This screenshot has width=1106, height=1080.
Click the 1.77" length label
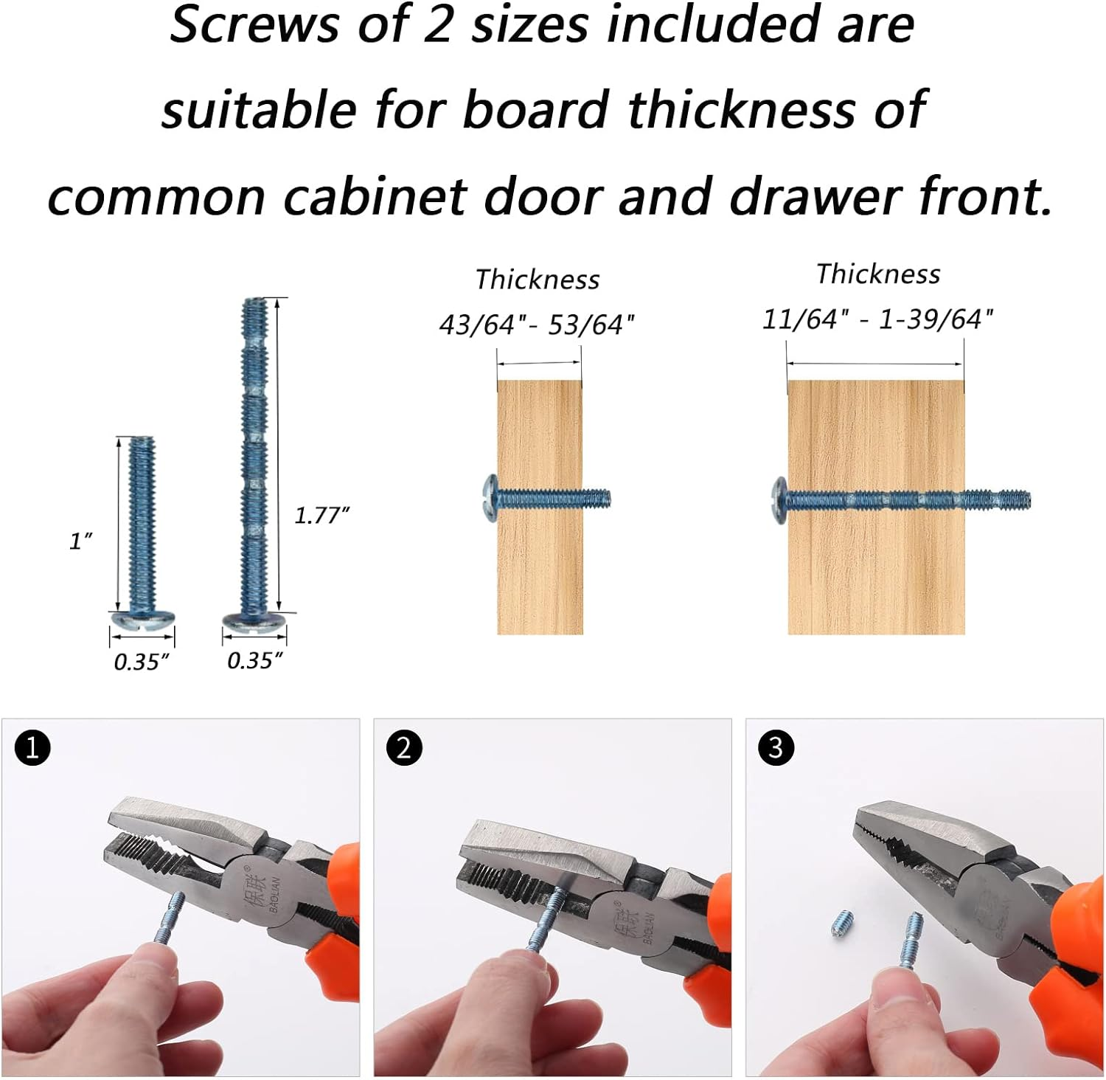click(321, 515)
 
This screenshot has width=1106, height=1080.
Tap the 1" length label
click(80, 541)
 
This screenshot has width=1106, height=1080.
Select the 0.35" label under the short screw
click(142, 662)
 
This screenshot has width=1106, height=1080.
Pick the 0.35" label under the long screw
click(255, 660)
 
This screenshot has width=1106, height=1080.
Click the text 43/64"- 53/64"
click(537, 325)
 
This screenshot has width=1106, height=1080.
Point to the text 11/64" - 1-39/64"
click(877, 319)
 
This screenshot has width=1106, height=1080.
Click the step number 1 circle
click(32, 748)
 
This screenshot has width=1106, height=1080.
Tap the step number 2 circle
click(404, 748)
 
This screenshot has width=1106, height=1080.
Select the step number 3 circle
click(776, 748)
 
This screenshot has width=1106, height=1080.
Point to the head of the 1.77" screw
click(254, 620)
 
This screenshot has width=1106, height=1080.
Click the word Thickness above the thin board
click(538, 280)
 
